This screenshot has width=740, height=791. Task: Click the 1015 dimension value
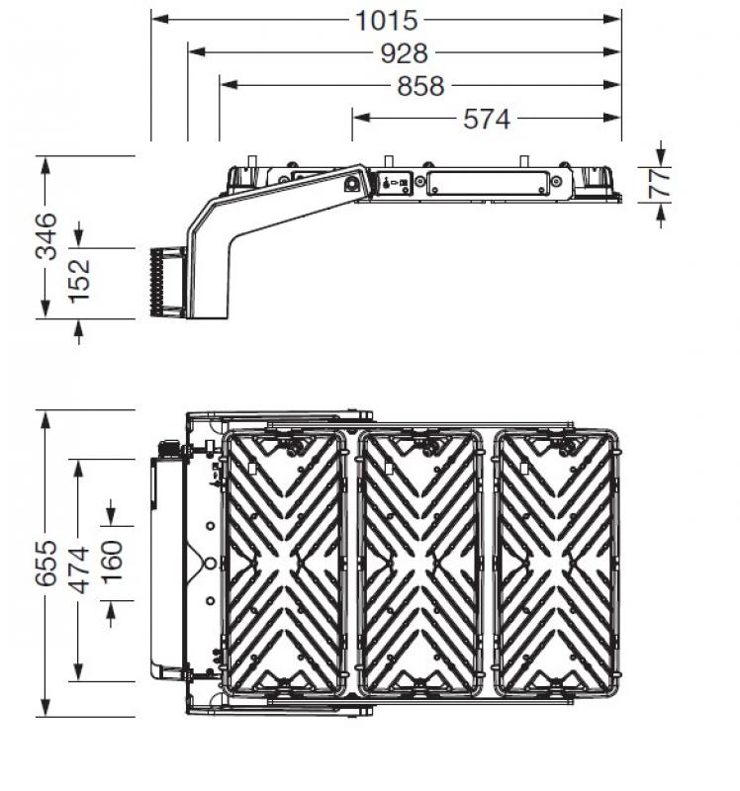point(388,20)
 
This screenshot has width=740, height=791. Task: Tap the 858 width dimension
point(420,86)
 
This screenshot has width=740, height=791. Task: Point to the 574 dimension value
point(487,119)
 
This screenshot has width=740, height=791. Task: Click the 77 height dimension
point(660,183)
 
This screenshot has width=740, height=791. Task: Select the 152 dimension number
point(79,280)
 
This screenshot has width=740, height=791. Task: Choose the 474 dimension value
point(79,569)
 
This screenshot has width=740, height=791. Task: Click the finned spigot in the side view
point(168,282)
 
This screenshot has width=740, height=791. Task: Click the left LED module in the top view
point(284,561)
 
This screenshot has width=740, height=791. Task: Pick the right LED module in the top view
point(557,561)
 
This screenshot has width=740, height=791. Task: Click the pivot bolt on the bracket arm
point(351,182)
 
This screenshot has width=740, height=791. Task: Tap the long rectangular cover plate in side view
point(487,183)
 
